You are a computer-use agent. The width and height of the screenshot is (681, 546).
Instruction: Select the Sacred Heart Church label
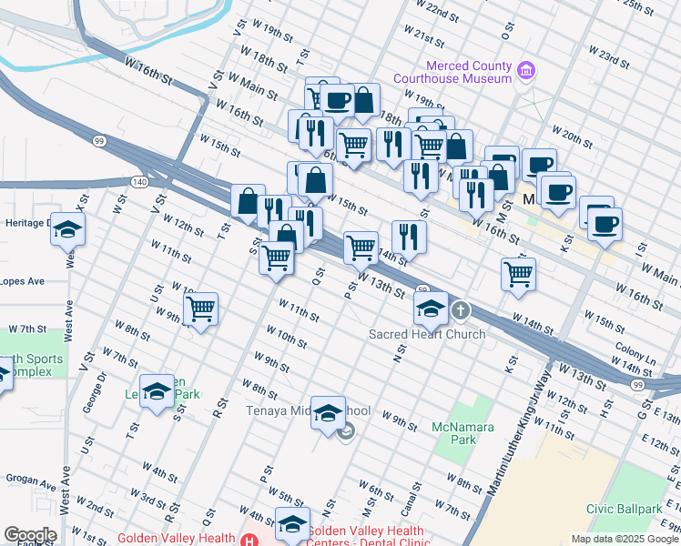(426, 334)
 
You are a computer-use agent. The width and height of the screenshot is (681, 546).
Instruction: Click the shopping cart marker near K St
(518, 273)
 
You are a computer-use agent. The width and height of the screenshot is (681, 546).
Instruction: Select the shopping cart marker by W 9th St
(200, 308)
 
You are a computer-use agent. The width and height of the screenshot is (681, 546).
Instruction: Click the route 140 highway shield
(138, 182)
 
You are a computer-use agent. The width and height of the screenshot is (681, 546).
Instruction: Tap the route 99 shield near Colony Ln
(637, 386)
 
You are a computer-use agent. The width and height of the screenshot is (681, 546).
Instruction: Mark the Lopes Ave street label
(22, 281)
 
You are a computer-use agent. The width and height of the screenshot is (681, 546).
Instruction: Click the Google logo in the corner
(29, 535)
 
